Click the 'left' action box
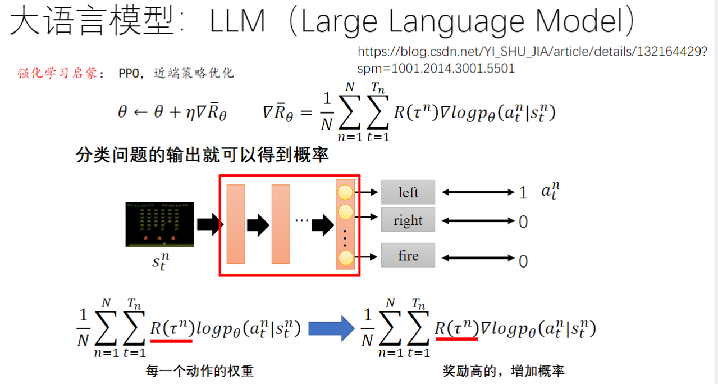click(408, 192)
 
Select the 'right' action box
click(408, 219)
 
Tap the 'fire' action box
click(408, 256)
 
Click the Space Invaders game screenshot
click(159, 224)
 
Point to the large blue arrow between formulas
click(331, 327)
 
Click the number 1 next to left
click(523, 193)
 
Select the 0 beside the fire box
click(523, 261)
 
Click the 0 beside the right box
click(523, 222)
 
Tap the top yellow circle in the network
click(345, 192)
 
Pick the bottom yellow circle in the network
click(345, 258)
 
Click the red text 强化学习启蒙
click(57, 74)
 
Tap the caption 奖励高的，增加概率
click(503, 371)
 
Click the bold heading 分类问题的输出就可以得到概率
click(202, 156)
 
